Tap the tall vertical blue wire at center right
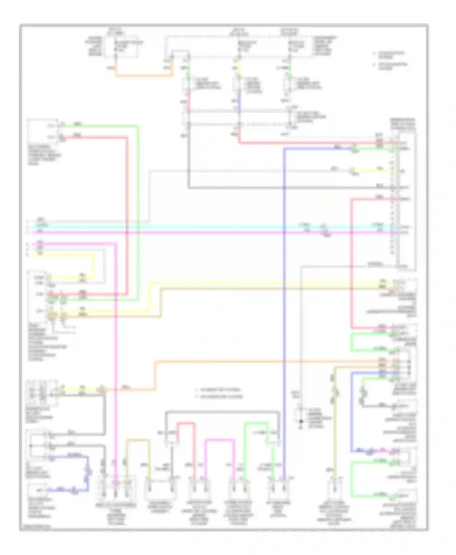(x=284, y=304)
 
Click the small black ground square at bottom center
(x=301, y=421)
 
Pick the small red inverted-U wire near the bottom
(x=186, y=423)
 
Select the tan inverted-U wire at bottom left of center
(x=138, y=440)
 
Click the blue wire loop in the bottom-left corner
(x=88, y=474)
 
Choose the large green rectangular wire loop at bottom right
(x=352, y=480)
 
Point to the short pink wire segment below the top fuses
(x=188, y=102)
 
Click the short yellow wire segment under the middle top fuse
(x=239, y=67)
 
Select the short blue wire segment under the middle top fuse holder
(x=239, y=102)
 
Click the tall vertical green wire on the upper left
(x=138, y=213)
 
